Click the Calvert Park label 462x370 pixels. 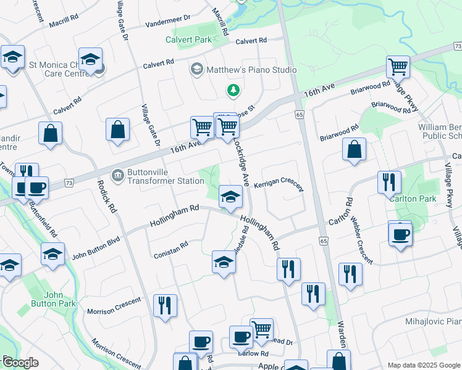(x=188, y=40)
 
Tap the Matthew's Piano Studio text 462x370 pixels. (x=251, y=70)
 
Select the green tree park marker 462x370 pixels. (x=233, y=91)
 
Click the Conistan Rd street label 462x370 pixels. (x=170, y=248)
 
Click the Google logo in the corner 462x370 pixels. (x=21, y=363)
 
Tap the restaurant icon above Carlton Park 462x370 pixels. (x=389, y=181)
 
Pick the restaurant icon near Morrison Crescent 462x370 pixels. (x=165, y=305)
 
